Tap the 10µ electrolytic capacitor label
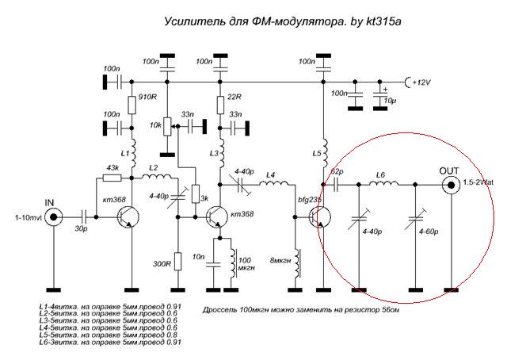390,101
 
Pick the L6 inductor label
381,174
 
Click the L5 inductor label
318,148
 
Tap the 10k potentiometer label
156,125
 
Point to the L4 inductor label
271,174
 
